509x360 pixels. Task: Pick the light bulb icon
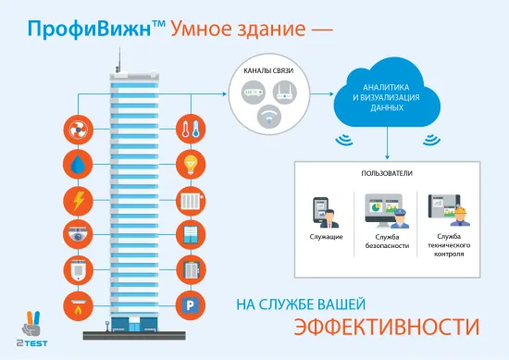(x=192, y=164)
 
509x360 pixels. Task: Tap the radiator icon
(x=192, y=199)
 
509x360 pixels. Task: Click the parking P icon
(x=192, y=304)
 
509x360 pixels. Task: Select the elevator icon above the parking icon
(x=192, y=269)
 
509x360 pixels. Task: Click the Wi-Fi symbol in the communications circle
(x=269, y=117)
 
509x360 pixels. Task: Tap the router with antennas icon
(x=285, y=91)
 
